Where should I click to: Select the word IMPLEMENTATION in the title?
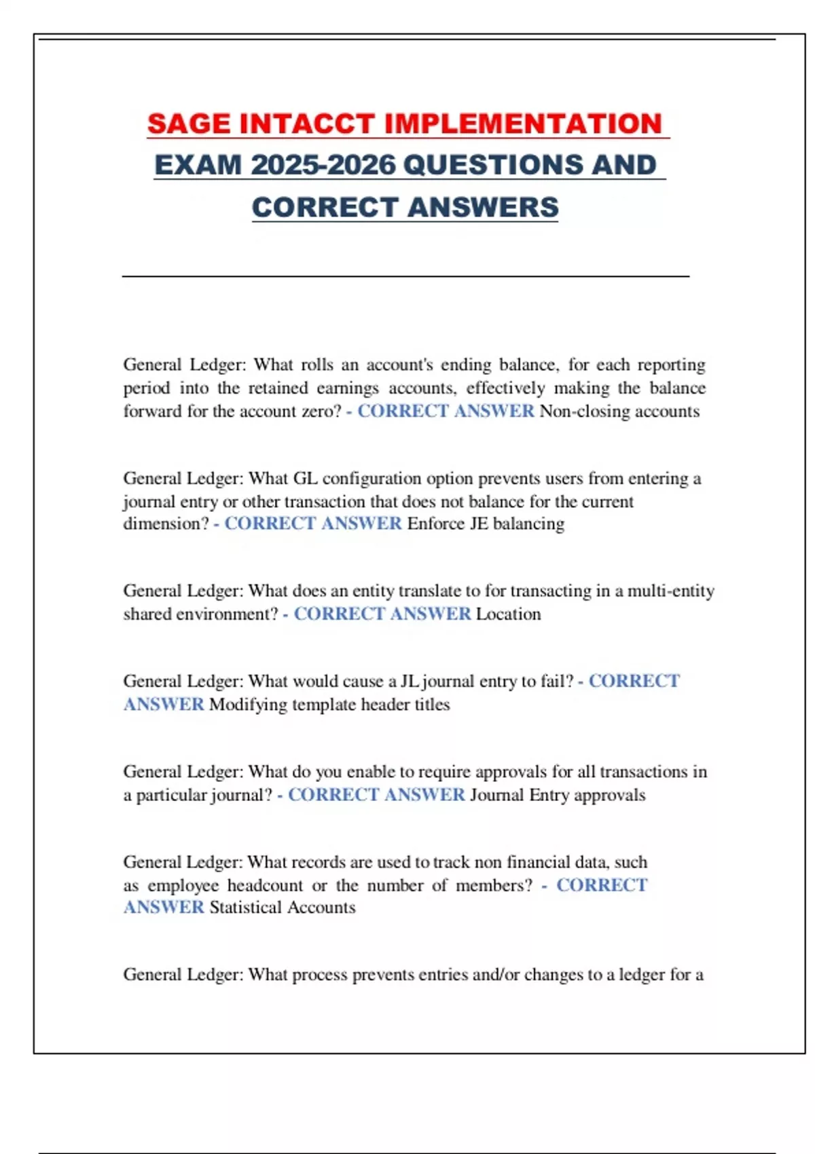pyautogui.click(x=523, y=124)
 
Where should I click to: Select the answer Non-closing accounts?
pyautogui.click(x=619, y=411)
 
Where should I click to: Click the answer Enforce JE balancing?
pyautogui.click(x=486, y=524)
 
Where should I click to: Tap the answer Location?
pyautogui.click(x=508, y=614)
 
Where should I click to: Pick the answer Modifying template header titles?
pyautogui.click(x=329, y=705)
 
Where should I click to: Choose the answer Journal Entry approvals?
pyautogui.click(x=558, y=795)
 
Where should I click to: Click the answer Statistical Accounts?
pyautogui.click(x=283, y=908)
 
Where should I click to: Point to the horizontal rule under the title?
pyautogui.click(x=405, y=276)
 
